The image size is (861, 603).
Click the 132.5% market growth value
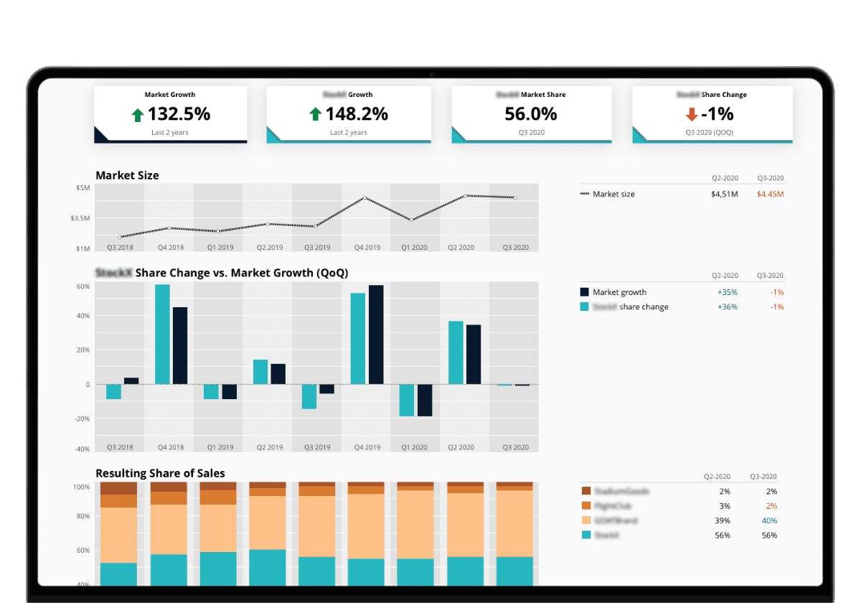[x=179, y=113]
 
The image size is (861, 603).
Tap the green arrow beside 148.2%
[x=314, y=114]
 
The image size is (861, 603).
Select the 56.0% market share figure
[x=530, y=113]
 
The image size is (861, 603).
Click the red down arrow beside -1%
[x=692, y=114]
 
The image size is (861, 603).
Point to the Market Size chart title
[x=127, y=175]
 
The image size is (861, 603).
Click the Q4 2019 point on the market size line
[x=365, y=198]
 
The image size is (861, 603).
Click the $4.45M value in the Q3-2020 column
[x=771, y=194]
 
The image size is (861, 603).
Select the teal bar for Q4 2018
[x=162, y=334]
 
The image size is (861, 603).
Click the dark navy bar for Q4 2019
[x=376, y=335]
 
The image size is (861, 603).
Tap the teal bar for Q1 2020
[x=407, y=400]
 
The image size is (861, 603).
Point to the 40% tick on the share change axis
[x=83, y=316]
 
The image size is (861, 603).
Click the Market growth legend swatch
[x=584, y=292]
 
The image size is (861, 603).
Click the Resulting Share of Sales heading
[x=160, y=473]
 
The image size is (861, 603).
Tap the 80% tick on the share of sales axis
[x=82, y=516]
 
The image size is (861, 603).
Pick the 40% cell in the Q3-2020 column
[x=769, y=520]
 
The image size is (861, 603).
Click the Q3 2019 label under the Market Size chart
[x=316, y=248]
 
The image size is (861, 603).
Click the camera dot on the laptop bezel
[x=430, y=75]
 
